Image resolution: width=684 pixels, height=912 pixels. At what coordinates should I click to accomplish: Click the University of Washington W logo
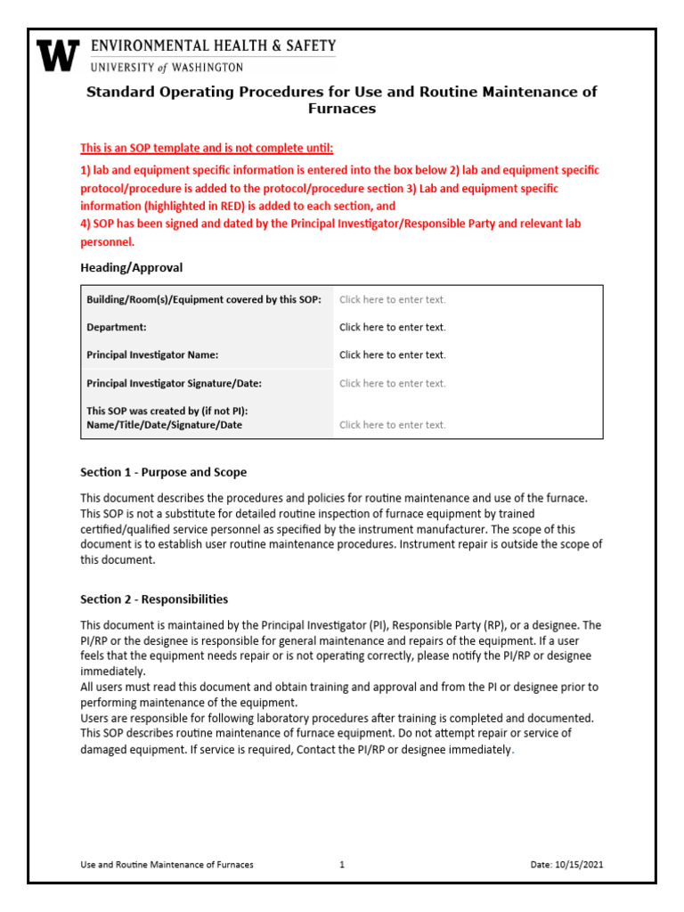click(58, 55)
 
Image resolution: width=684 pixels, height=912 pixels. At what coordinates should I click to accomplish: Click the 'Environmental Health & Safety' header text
click(213, 45)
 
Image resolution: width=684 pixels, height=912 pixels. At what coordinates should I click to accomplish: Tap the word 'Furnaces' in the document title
click(341, 109)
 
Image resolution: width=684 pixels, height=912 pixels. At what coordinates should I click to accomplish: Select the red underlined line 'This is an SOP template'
click(207, 148)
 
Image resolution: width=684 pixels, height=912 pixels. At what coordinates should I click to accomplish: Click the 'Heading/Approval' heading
click(132, 267)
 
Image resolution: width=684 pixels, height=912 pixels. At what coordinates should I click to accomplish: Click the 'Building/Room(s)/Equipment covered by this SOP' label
click(204, 300)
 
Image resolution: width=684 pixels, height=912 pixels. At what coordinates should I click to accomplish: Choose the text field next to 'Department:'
click(392, 327)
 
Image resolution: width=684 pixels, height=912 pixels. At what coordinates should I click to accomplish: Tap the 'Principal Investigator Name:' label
click(152, 354)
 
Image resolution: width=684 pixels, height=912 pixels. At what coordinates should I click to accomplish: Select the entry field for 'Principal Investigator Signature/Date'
click(392, 383)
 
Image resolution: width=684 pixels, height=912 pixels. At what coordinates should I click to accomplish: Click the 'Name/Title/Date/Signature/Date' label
click(164, 425)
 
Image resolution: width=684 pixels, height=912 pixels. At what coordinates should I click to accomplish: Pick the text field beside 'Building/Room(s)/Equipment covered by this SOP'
click(392, 300)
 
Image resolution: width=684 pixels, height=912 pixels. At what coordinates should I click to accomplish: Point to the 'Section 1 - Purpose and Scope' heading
click(164, 472)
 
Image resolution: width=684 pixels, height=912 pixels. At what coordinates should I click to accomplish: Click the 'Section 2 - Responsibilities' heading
click(154, 599)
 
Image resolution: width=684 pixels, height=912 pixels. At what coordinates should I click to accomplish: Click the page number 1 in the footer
click(342, 865)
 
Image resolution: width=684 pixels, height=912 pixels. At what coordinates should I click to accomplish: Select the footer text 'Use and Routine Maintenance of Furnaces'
click(167, 865)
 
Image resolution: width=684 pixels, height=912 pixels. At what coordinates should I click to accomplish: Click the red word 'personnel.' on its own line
click(107, 241)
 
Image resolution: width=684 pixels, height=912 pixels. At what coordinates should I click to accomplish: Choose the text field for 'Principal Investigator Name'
click(392, 354)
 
